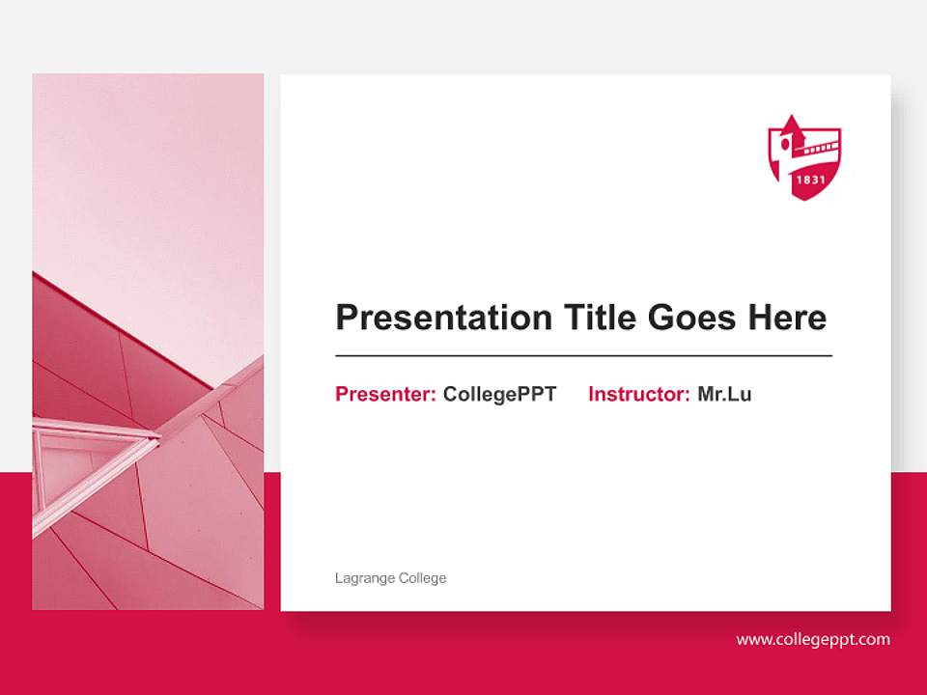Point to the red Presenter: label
pos(385,394)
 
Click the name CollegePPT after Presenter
pos(499,394)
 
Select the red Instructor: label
pos(638,394)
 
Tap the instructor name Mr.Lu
pos(724,394)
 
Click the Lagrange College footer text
pos(390,578)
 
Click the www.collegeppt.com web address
pos(813,639)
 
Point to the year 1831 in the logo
pos(806,180)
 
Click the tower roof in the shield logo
pos(792,126)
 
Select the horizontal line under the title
pos(583,356)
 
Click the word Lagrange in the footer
pos(363,578)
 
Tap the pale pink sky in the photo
pos(145,174)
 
